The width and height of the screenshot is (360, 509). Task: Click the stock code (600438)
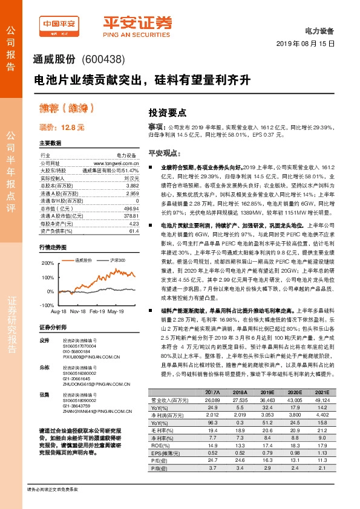(102, 59)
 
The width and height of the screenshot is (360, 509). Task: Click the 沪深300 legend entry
(117, 260)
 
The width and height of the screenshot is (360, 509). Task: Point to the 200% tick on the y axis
(47, 264)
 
